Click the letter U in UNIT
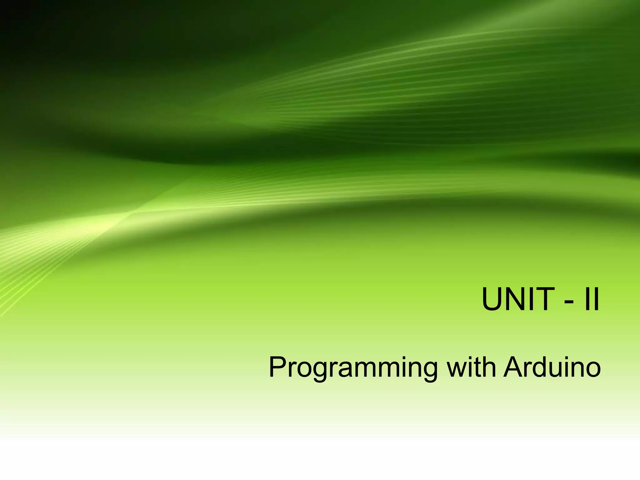[494, 299]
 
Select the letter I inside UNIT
[534, 299]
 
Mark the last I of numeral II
[596, 299]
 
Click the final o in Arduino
[592, 370]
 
